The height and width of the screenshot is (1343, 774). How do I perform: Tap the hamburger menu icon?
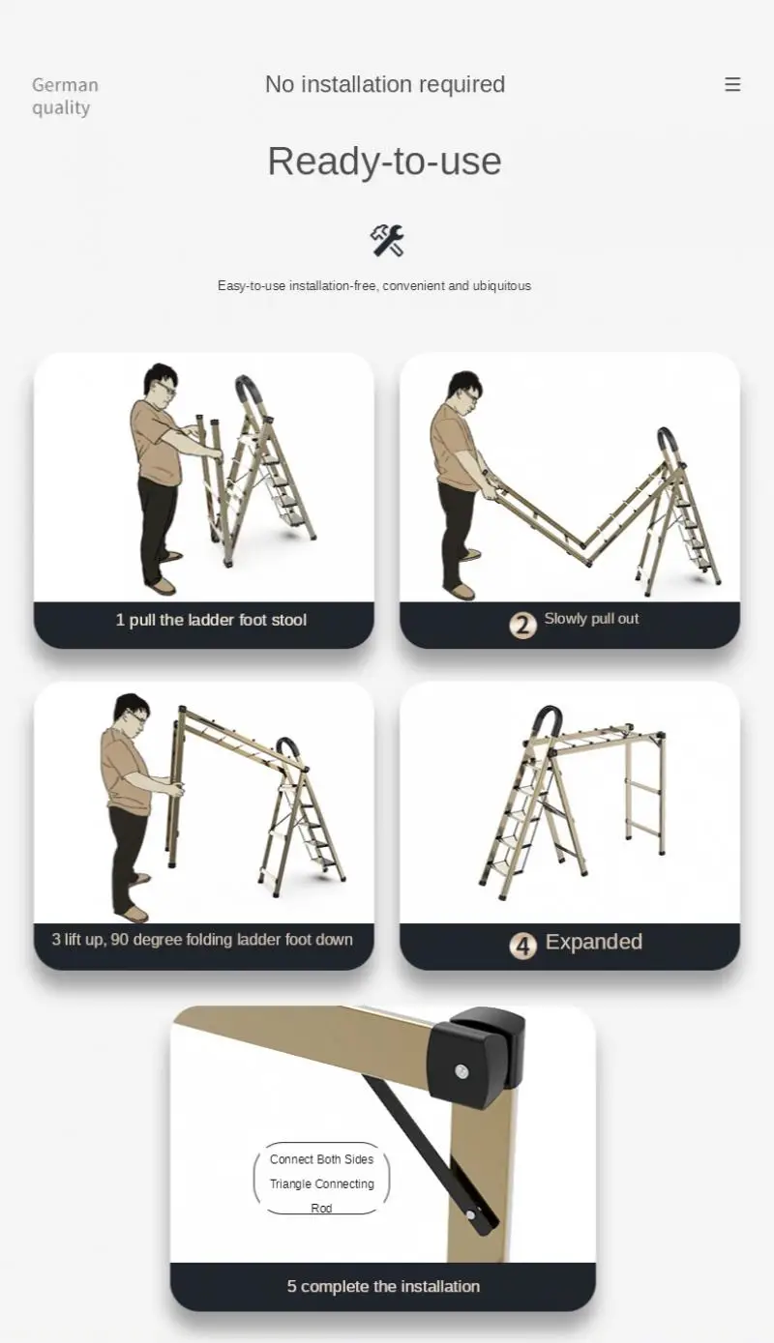732,85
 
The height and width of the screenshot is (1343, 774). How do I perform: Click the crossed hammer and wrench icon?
387,240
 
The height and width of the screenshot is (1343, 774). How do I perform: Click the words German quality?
65,96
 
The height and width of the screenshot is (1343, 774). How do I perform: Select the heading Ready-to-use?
385,161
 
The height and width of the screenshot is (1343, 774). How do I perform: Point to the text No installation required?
385,85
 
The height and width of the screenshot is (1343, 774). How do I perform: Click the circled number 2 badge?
522,625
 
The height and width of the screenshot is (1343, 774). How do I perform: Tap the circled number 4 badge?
522,945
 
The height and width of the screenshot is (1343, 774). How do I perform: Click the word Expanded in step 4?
593,942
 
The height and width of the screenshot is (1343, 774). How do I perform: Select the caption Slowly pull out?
591,619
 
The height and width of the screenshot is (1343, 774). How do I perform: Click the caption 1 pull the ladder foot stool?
211,620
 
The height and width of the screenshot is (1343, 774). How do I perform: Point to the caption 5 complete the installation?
383,1286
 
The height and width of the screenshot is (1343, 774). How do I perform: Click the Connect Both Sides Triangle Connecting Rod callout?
321,1182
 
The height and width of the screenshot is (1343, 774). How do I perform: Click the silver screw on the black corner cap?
463,1070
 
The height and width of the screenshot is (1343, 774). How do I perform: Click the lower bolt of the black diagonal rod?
470,1213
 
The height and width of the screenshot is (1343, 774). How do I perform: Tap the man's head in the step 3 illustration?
131,711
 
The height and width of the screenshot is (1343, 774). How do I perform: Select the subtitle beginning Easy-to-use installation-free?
374,286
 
